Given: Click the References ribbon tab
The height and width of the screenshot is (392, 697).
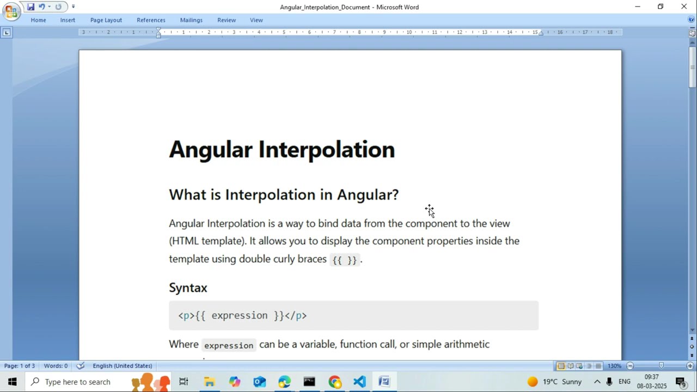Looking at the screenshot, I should tap(151, 20).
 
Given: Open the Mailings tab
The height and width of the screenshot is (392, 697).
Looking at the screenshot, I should tap(191, 20).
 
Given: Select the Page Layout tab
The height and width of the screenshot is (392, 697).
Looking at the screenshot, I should tap(106, 20).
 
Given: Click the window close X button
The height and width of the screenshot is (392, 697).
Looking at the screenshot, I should tap(684, 7).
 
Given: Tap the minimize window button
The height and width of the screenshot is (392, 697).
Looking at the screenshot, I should tap(638, 7).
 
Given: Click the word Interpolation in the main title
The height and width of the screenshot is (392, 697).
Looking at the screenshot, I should tap(326, 150).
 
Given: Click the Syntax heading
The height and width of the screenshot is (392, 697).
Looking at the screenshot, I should tap(188, 287).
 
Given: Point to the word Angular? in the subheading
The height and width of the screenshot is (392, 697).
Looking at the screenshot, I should tap(368, 194).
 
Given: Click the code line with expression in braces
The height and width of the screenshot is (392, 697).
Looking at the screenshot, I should tap(243, 316).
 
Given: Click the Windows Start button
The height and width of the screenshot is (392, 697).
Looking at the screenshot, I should tap(12, 382).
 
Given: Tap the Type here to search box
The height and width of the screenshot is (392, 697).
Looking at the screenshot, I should tap(77, 382).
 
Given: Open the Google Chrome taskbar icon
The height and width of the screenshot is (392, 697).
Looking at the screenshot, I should tap(334, 382).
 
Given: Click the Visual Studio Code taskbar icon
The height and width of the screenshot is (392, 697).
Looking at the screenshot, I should tap(359, 382).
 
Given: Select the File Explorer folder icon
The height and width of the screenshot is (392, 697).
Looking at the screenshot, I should tap(209, 382).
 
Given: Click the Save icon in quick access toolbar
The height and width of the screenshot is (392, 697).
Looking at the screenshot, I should tap(30, 7).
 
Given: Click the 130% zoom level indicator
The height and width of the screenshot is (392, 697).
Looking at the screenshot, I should tap(614, 366).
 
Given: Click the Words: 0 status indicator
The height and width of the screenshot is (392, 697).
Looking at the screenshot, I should tap(56, 366).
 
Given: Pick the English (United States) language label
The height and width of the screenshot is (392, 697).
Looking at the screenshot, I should tap(122, 366).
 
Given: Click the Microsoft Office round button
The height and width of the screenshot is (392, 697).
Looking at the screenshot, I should tap(10, 10).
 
